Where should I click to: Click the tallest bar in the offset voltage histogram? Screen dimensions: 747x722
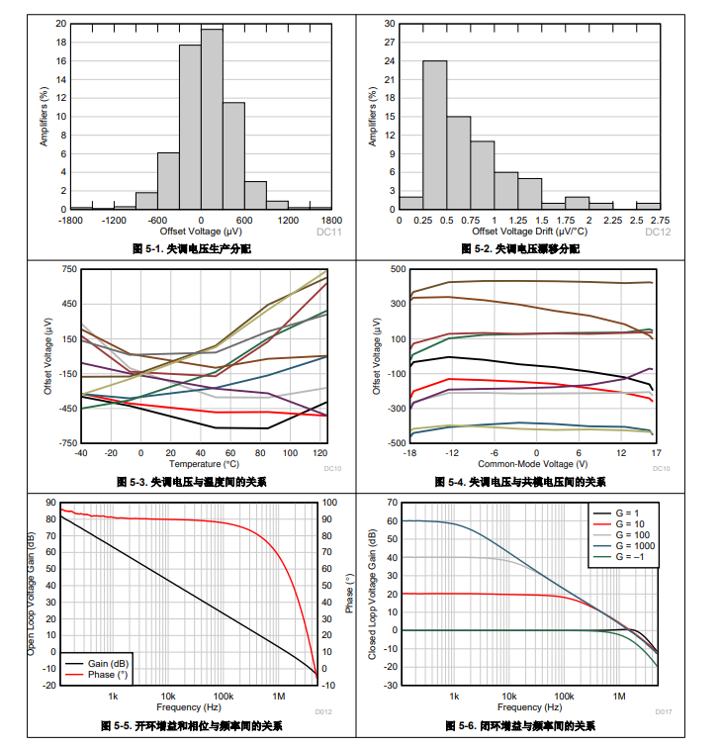coord(212,119)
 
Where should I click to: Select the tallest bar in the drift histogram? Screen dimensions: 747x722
coord(435,135)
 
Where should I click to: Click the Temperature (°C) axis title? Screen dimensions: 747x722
coord(204,463)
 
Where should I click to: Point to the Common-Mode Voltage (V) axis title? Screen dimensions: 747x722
coord(533,463)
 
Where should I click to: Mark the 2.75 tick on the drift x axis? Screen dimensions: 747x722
coord(660,220)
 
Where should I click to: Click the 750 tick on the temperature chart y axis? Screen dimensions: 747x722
coord(68,269)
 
